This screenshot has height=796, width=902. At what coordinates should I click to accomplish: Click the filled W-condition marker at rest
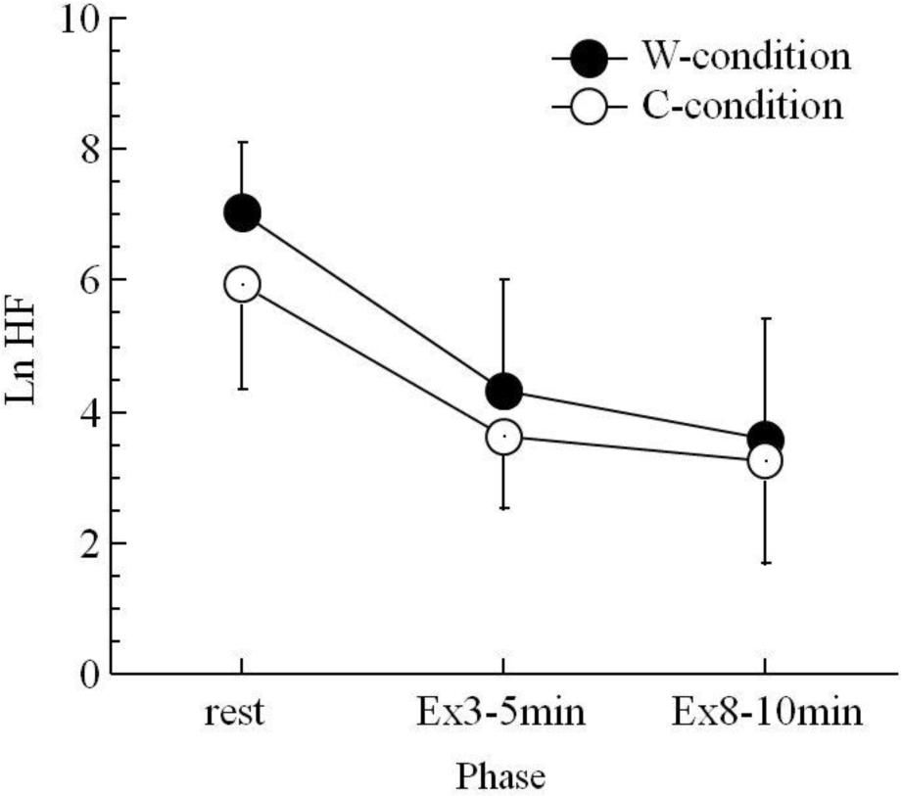[x=242, y=212]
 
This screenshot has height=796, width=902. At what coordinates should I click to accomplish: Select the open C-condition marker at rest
[x=242, y=285]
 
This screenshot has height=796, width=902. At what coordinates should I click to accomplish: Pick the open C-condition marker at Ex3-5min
[x=503, y=437]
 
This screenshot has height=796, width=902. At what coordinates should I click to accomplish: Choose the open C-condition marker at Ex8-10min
[x=764, y=460]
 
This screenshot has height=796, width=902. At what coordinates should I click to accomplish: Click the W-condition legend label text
[x=745, y=58]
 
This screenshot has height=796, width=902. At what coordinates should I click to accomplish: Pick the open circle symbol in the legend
[x=587, y=106]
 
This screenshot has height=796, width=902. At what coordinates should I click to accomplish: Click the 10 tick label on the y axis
[x=77, y=20]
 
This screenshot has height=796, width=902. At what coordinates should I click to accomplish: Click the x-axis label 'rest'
[x=235, y=713]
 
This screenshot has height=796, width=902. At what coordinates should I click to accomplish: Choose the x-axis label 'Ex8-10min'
[x=768, y=713]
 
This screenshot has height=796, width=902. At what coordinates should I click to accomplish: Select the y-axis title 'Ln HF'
[x=23, y=346]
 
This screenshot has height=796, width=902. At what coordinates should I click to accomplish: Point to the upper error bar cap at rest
[x=242, y=142]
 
